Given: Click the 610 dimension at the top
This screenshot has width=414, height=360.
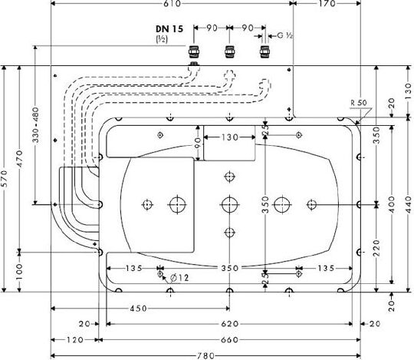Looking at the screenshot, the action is pyautogui.click(x=172, y=3).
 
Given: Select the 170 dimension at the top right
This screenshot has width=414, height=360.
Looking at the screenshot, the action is pyautogui.click(x=327, y=3).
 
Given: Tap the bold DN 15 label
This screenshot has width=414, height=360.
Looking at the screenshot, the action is pyautogui.click(x=169, y=29).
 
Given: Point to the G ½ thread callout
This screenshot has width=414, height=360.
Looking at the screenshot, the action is pyautogui.click(x=285, y=35).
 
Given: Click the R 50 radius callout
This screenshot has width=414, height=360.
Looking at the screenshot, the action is pyautogui.click(x=359, y=103).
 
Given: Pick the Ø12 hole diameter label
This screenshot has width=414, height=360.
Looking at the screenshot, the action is pyautogui.click(x=179, y=278).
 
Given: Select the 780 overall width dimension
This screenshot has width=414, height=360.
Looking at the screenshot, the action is pyautogui.click(x=205, y=355).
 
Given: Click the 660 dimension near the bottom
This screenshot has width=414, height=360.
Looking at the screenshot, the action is pyautogui.click(x=229, y=339).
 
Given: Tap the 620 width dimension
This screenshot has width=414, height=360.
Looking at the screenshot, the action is pyautogui.click(x=229, y=324).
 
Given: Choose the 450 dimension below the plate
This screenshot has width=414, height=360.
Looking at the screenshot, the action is pyautogui.click(x=138, y=309).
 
